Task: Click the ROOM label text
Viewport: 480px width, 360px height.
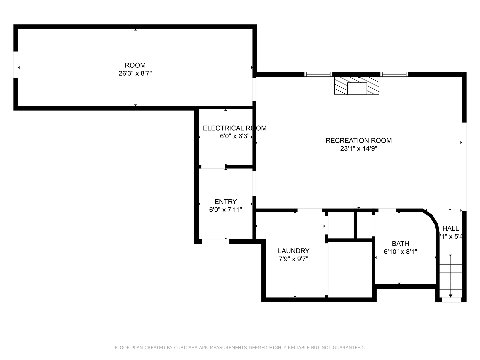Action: tap(135, 65)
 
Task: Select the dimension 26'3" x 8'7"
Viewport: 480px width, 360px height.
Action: tap(135, 73)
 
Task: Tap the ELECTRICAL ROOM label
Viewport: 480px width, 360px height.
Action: tap(234, 128)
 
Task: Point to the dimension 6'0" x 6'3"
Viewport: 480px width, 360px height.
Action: tap(235, 136)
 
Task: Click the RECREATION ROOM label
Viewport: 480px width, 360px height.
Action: tap(358, 140)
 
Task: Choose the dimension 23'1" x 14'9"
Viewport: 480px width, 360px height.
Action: tap(358, 149)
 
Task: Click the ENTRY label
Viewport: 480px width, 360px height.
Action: tap(225, 202)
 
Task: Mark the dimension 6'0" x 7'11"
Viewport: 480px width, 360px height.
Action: tap(225, 210)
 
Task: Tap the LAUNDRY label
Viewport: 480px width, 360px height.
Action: tap(293, 251)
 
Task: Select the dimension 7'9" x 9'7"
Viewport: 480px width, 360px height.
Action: tap(293, 259)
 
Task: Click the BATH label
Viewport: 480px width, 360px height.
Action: tap(400, 244)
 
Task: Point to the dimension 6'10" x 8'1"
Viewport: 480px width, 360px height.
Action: tap(400, 252)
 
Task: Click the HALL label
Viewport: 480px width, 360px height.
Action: tap(451, 228)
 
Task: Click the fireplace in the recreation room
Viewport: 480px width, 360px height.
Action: tap(357, 86)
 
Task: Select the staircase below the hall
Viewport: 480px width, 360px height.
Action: tap(450, 277)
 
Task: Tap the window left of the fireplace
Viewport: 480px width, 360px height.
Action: tap(318, 74)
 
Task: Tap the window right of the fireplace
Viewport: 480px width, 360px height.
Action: tap(394, 74)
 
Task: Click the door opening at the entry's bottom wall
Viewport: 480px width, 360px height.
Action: tap(215, 241)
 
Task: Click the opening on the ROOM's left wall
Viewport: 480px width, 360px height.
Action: tap(16, 65)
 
